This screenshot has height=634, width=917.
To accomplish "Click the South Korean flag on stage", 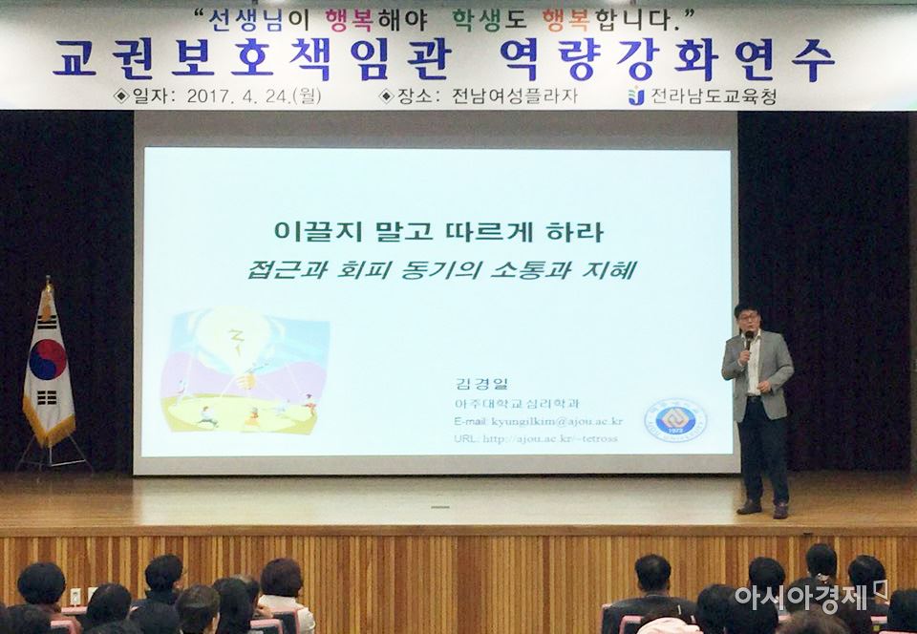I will pyautogui.click(x=48, y=368).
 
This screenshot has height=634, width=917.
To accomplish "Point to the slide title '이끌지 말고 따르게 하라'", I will pyautogui.click(x=438, y=231).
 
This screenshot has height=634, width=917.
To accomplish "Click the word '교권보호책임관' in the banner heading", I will pyautogui.click(x=249, y=59).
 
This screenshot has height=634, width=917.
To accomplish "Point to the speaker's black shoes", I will pyautogui.click(x=763, y=508).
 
